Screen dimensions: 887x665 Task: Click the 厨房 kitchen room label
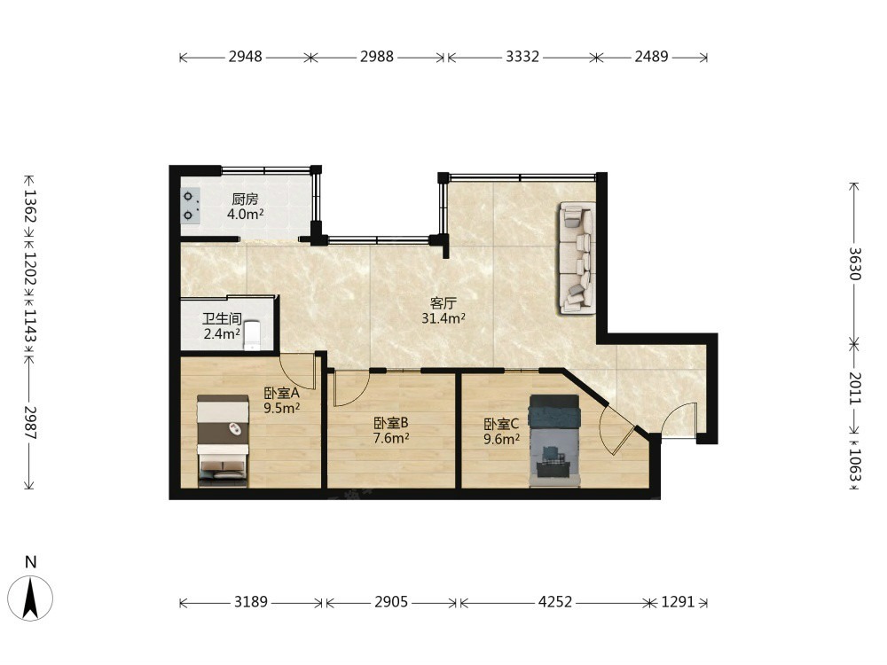pyautogui.click(x=245, y=199)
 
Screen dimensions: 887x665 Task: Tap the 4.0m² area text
pyautogui.click(x=245, y=215)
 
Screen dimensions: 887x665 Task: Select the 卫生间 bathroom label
pyautogui.click(x=222, y=319)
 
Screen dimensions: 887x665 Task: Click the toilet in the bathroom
pyautogui.click(x=252, y=335)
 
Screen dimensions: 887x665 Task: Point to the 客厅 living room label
pyautogui.click(x=443, y=303)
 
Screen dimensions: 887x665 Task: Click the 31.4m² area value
pyautogui.click(x=443, y=318)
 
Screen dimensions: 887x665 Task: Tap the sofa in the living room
pyautogui.click(x=577, y=258)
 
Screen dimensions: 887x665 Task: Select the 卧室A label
pyautogui.click(x=281, y=393)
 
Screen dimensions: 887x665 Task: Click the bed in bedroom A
pyautogui.click(x=223, y=441)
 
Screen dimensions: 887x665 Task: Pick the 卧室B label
pyautogui.click(x=391, y=423)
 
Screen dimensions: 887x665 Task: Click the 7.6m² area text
pyautogui.click(x=391, y=438)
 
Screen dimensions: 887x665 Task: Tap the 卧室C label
pyautogui.click(x=501, y=424)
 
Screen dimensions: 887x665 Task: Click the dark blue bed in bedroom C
pyautogui.click(x=553, y=441)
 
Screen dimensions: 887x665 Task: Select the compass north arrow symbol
pyautogui.click(x=30, y=597)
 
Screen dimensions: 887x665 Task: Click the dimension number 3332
pyautogui.click(x=522, y=57)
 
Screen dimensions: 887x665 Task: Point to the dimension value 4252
pyautogui.click(x=555, y=602)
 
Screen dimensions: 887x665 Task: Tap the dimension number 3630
pyautogui.click(x=854, y=264)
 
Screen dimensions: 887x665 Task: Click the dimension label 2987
pyautogui.click(x=29, y=423)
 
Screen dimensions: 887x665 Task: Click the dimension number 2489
pyautogui.click(x=651, y=57)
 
